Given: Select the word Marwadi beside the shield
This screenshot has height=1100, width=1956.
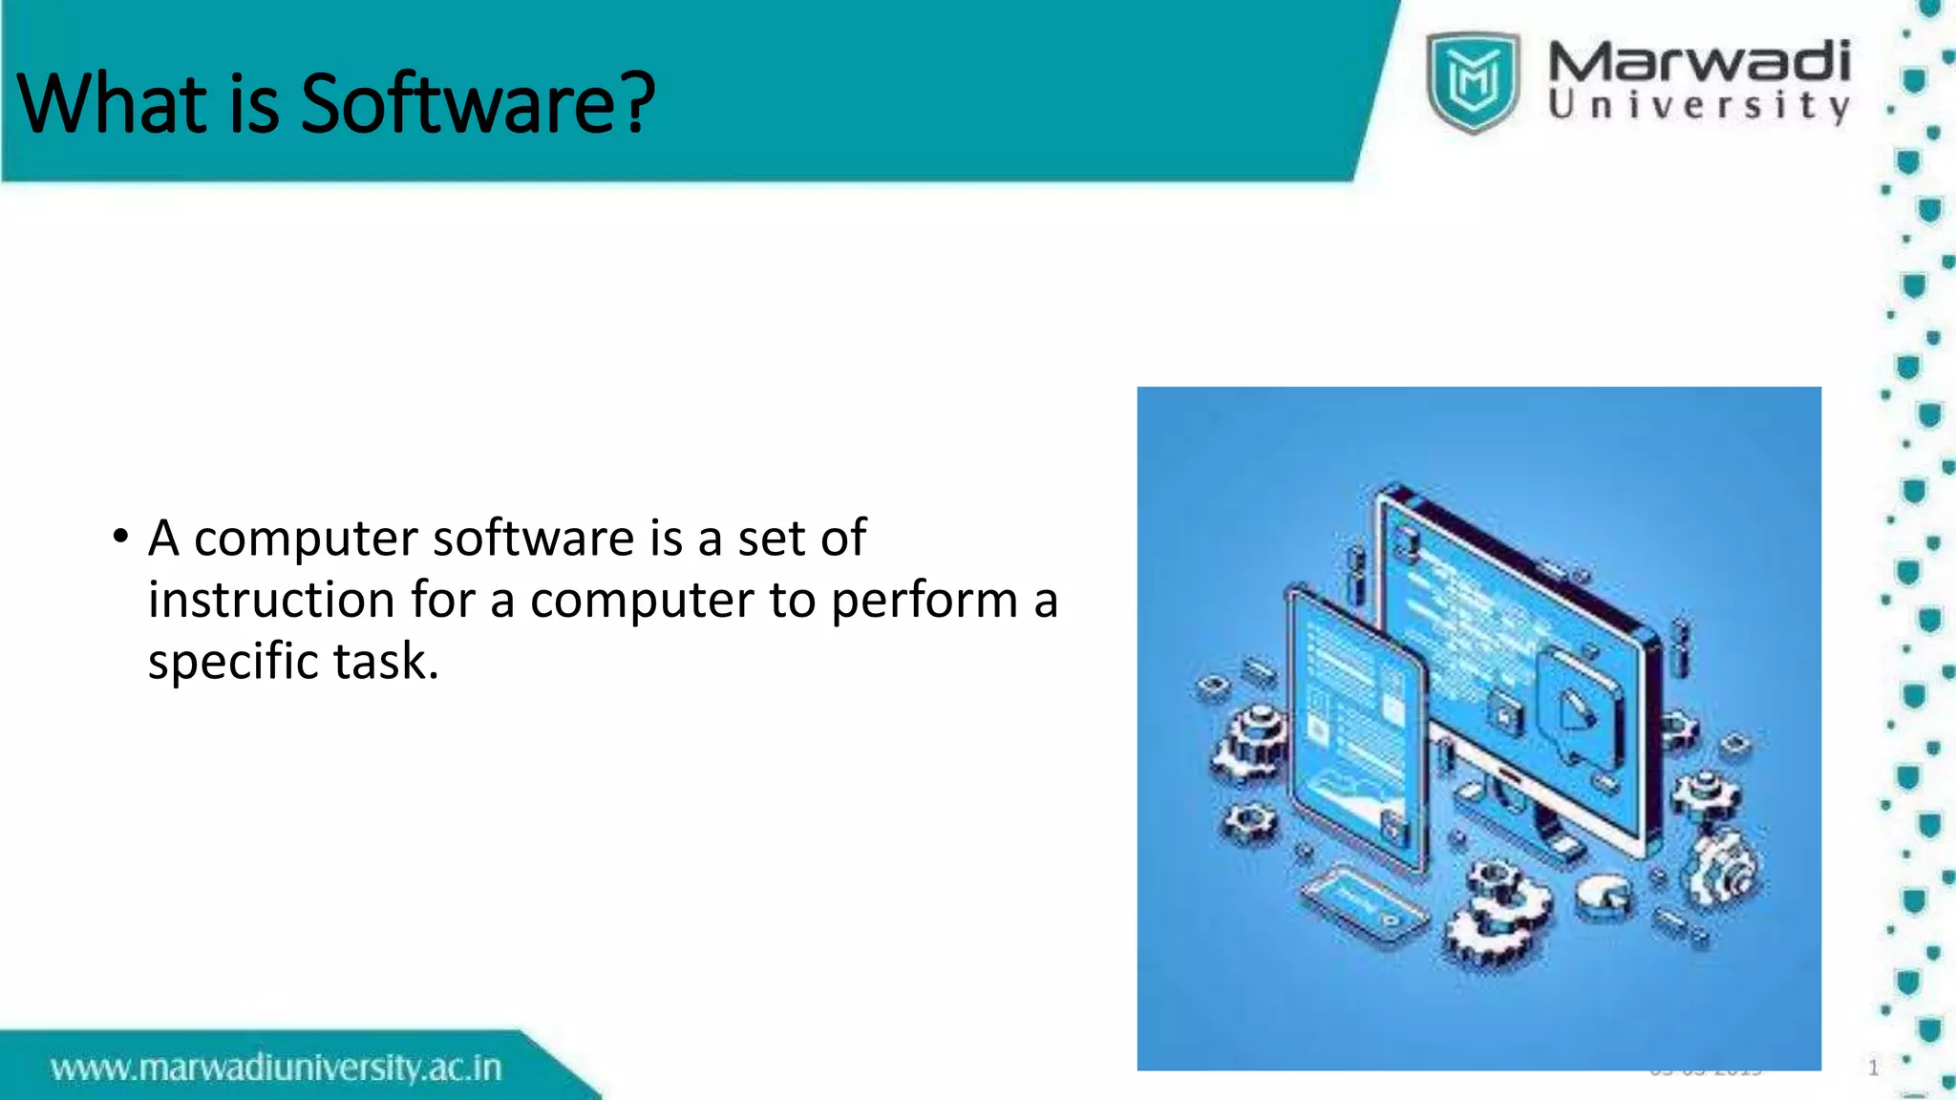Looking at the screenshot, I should tap(1698, 62).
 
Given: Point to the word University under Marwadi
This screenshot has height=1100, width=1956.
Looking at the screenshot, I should tap(1698, 105).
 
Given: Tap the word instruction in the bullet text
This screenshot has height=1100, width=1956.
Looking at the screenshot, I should tap(271, 601).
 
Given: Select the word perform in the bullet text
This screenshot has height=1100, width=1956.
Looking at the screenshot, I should tap(924, 601).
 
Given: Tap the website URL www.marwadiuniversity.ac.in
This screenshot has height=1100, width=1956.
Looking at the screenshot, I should tap(276, 1068).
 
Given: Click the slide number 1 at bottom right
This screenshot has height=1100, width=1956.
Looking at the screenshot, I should tap(1873, 1068).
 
